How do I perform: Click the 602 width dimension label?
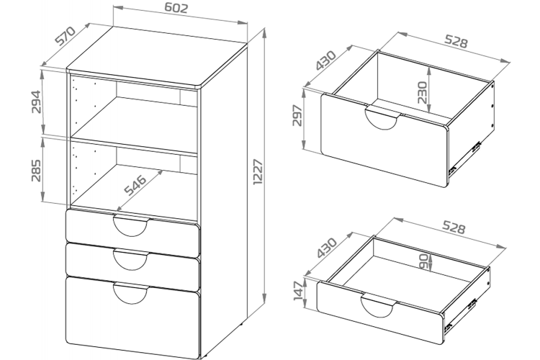point(176,9)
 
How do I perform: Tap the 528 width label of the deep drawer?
point(455,42)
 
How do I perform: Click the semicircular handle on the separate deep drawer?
point(383,117)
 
